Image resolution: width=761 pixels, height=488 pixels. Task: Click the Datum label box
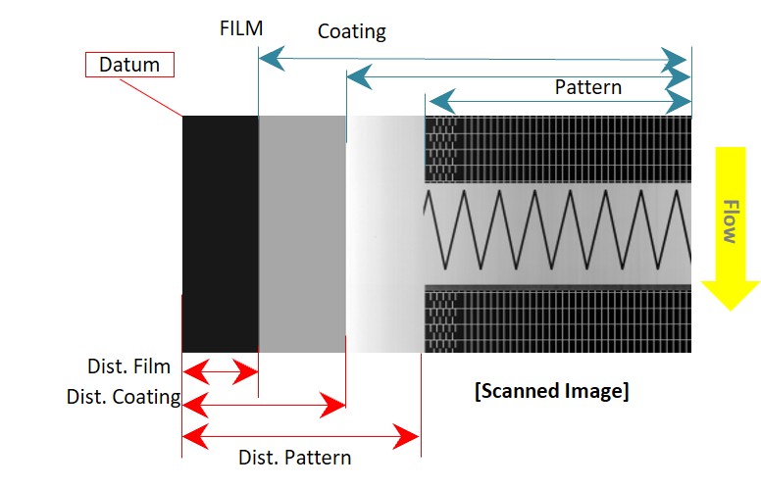129,65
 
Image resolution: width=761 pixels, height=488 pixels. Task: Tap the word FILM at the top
241,28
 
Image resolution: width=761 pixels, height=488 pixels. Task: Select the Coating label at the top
352,31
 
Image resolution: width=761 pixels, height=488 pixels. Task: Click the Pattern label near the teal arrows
587,87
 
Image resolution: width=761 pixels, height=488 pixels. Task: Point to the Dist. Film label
128,366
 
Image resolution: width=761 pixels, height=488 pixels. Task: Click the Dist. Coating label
124,397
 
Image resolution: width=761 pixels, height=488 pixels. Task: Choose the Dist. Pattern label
294,458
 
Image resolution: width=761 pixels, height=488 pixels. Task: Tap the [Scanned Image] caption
552,390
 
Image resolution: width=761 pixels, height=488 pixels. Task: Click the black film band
221,234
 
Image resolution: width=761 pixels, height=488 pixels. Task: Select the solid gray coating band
302,234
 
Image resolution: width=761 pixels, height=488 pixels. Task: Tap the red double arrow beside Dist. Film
221,372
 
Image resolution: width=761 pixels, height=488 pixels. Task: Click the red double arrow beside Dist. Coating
264,405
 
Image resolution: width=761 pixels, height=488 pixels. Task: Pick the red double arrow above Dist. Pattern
300,437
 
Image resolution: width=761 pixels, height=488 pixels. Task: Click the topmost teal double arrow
473,59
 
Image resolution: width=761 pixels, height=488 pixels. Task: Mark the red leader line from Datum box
151,98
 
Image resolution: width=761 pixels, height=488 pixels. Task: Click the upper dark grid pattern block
558,149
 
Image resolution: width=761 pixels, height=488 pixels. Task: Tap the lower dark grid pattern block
558,318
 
